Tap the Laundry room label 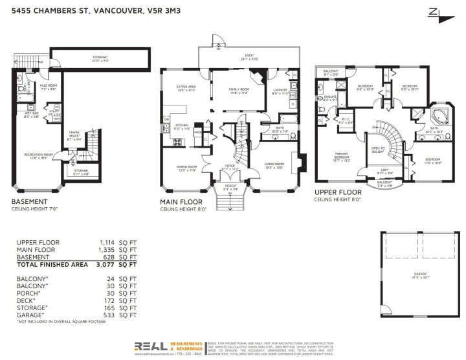click(x=280, y=91)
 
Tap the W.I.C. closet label click(x=346, y=120)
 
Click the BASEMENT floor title click(x=30, y=201)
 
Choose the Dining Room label click(x=186, y=167)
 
